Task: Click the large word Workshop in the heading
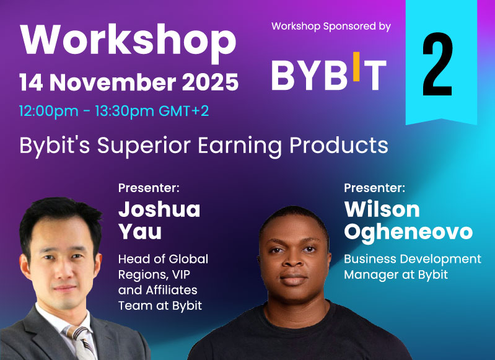point(128,40)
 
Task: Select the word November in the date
point(113,82)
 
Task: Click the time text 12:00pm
point(48,111)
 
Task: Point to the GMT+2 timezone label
point(184,111)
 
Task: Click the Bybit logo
point(329,72)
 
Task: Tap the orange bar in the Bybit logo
point(356,67)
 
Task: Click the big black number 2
point(437,64)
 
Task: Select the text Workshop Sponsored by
point(331,27)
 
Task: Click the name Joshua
point(159,209)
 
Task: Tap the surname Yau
point(140,232)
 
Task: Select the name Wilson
point(382,209)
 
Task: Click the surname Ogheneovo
point(408,233)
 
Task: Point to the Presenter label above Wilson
point(374,188)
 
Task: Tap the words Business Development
point(413,259)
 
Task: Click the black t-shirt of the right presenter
point(297,338)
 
